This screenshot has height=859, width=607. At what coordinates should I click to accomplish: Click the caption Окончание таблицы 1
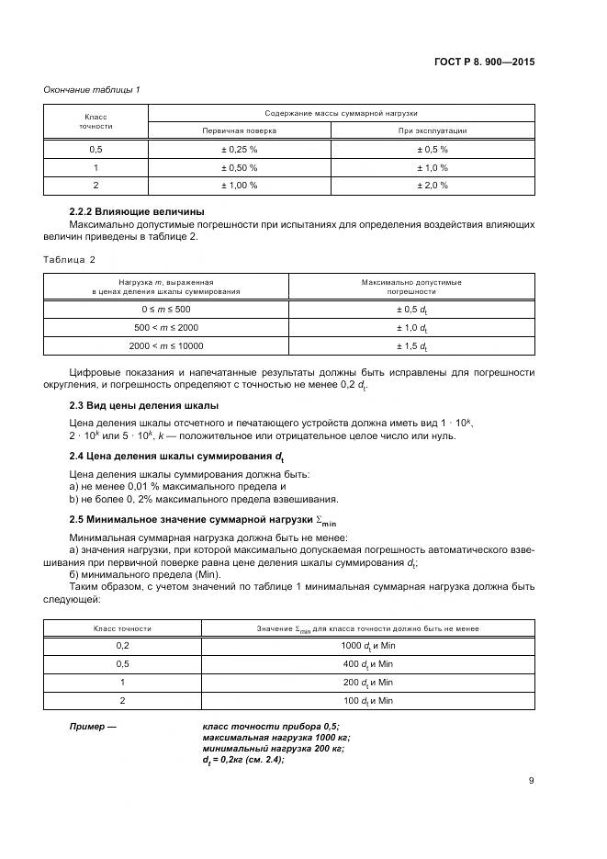(x=92, y=89)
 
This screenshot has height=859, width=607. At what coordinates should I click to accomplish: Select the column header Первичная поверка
(x=239, y=130)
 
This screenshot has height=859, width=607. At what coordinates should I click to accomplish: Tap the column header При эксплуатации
(x=433, y=130)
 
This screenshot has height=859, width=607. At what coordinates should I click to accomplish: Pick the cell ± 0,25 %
(x=239, y=149)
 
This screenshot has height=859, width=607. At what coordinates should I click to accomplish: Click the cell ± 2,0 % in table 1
(x=433, y=185)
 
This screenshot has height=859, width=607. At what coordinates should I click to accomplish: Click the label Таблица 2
(x=71, y=260)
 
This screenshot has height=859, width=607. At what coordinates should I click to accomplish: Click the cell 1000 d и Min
(x=366, y=647)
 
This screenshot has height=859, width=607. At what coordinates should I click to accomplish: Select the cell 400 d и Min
(x=366, y=664)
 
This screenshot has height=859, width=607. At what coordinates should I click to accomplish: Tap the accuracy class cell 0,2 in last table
(x=122, y=647)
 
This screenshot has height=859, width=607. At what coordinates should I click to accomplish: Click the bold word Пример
(x=94, y=727)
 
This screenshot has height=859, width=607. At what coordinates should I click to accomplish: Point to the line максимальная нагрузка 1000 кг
(x=275, y=738)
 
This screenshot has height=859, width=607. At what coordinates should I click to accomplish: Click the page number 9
(x=531, y=782)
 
